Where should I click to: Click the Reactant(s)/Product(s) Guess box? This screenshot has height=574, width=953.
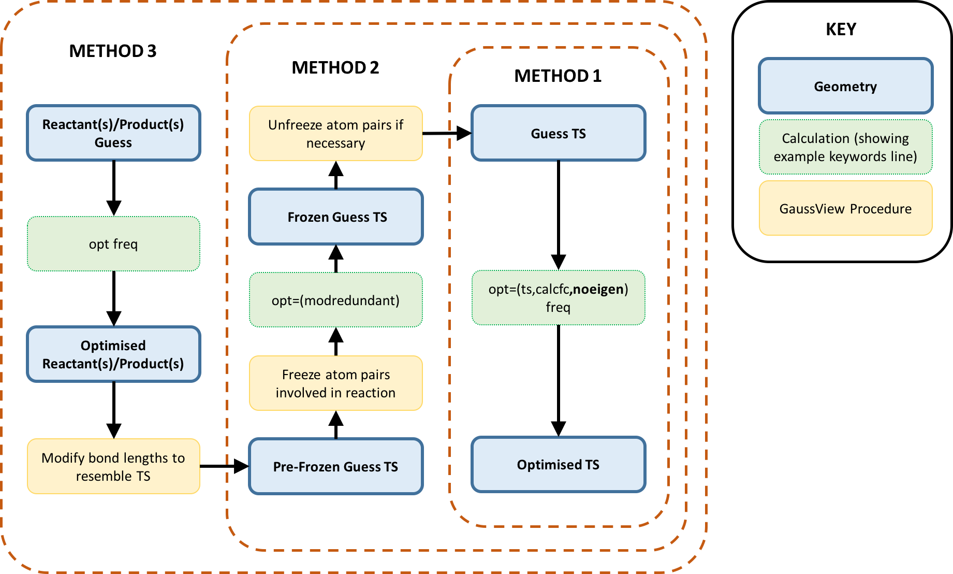click(113, 133)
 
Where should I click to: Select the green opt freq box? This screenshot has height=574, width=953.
click(113, 243)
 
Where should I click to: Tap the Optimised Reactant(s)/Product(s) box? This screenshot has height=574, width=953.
click(113, 354)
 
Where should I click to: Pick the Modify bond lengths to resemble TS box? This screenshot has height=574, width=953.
click(113, 466)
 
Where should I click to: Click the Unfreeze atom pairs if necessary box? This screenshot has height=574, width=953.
click(336, 134)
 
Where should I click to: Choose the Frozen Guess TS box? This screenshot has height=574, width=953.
click(336, 217)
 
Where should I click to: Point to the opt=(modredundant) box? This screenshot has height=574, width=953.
click(336, 300)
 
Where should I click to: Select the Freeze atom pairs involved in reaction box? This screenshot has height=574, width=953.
click(336, 383)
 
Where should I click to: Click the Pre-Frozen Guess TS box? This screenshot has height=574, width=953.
click(336, 466)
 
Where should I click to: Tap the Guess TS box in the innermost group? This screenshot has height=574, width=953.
click(559, 133)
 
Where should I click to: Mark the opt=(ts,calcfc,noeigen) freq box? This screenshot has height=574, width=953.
click(559, 298)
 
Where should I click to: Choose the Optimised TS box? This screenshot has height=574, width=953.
click(559, 465)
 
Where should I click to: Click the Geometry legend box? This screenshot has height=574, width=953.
click(845, 86)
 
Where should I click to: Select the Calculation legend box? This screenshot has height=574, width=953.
click(845, 147)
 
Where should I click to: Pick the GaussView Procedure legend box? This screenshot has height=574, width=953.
click(845, 208)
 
